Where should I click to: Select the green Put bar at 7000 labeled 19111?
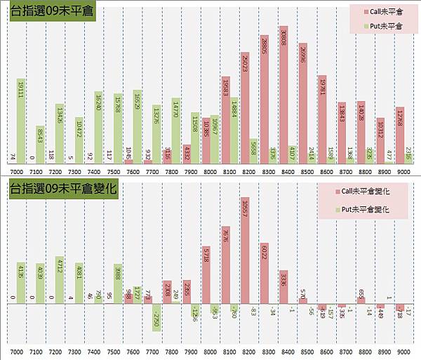21,119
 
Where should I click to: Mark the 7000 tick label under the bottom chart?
16,350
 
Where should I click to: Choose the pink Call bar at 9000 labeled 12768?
399,134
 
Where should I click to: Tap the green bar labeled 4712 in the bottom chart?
60,280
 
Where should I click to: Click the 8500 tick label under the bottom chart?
305,350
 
